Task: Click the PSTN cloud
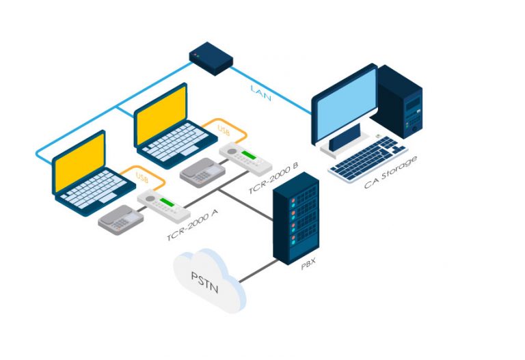(209, 281)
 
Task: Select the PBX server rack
(295, 218)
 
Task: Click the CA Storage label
(390, 172)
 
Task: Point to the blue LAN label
(261, 93)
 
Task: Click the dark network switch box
(211, 58)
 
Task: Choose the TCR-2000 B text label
(273, 178)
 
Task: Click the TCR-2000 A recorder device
(164, 206)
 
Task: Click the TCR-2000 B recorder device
(245, 159)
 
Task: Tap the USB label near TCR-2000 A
(142, 178)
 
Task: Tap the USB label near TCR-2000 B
(224, 130)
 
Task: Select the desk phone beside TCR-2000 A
(120, 220)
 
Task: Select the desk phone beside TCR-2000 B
(202, 173)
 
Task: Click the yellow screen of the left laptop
(80, 163)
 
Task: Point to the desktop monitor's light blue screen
(347, 104)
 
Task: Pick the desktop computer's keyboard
(368, 158)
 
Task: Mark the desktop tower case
(399, 102)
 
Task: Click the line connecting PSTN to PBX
(258, 271)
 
